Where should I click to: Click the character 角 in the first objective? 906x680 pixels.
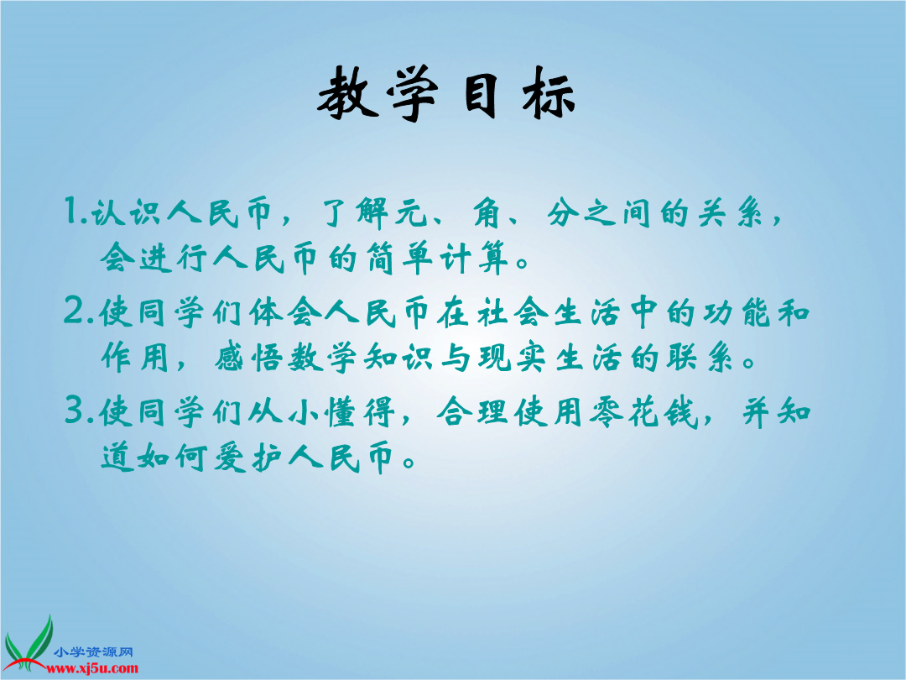(x=489, y=212)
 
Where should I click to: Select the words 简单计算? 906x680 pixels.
(x=437, y=258)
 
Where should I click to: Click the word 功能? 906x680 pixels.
(x=737, y=312)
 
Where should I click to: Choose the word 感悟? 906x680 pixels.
(x=249, y=358)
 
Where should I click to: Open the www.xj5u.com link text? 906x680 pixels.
(x=92, y=669)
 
